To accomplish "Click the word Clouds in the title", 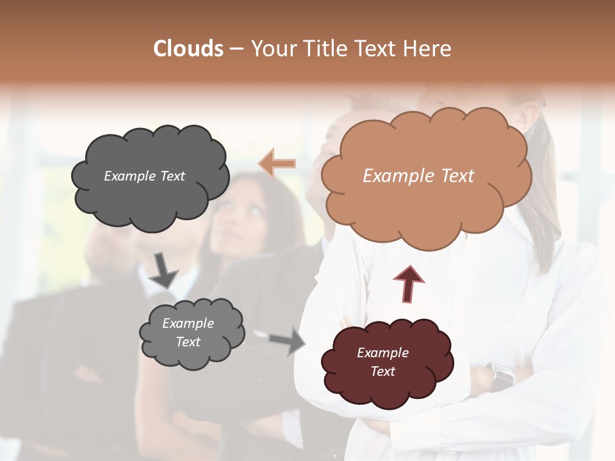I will (x=188, y=49).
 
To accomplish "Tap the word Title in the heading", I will (x=323, y=49).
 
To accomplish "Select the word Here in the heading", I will (x=426, y=49).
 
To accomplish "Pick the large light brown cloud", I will (x=426, y=205).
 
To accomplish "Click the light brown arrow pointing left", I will (x=277, y=163).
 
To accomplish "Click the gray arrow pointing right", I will (x=288, y=341).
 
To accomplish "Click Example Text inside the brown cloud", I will (x=418, y=175).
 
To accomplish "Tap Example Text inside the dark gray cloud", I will (x=144, y=175).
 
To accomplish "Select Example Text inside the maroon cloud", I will (x=382, y=362).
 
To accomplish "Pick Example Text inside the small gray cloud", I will (x=188, y=332).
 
